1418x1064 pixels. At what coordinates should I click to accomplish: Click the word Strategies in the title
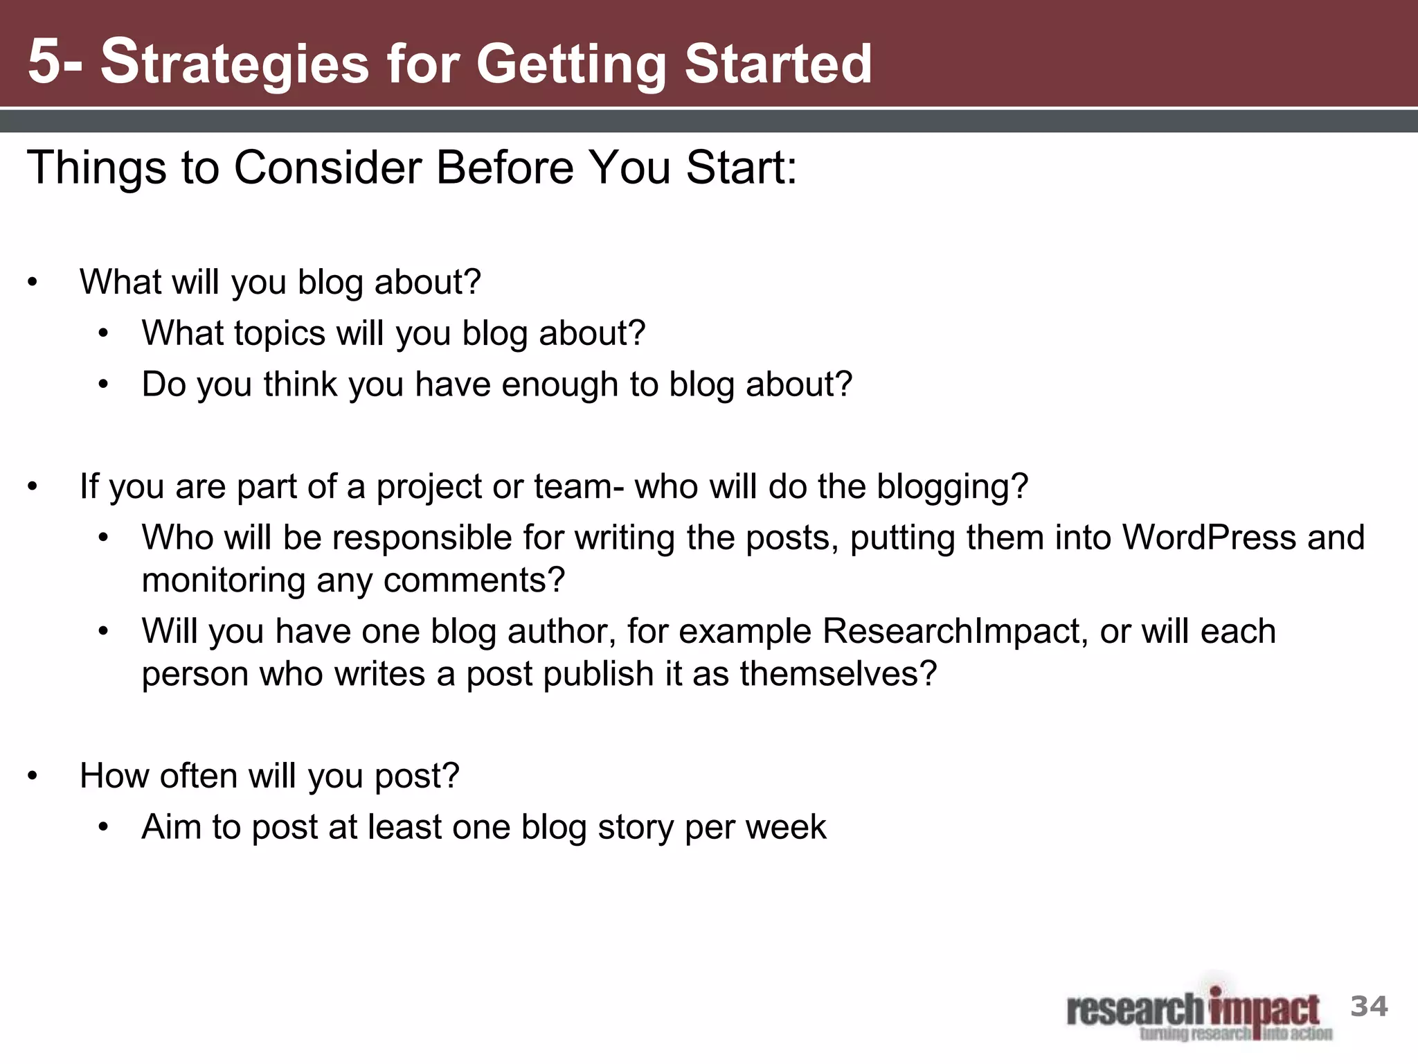click(x=235, y=64)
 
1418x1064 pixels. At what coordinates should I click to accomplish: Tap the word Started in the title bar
click(x=778, y=64)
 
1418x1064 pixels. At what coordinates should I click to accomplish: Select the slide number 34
click(x=1369, y=1007)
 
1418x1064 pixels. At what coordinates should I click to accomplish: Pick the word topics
click(x=280, y=333)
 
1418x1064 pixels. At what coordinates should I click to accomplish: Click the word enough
click(x=559, y=384)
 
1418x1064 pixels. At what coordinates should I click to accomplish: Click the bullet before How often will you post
click(x=33, y=777)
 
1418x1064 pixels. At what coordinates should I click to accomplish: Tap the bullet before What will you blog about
click(x=33, y=283)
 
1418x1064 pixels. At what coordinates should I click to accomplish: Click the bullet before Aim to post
click(x=104, y=828)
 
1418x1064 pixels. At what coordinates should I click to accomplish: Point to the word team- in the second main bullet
click(x=579, y=486)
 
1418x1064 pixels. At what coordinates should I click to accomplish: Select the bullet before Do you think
click(x=104, y=385)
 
